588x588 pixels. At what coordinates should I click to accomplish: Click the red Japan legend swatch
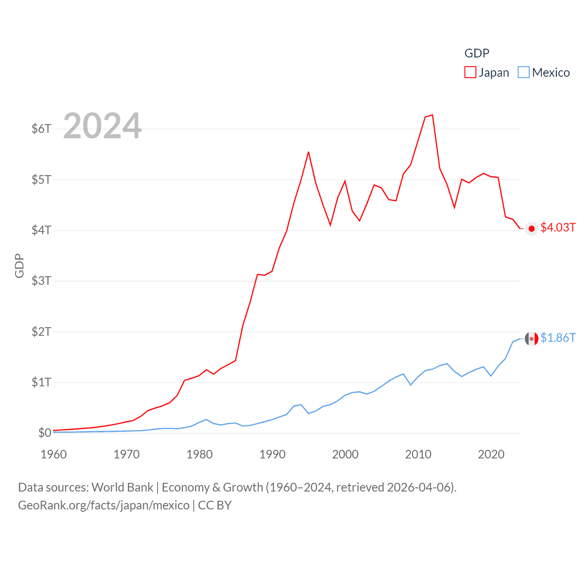470,73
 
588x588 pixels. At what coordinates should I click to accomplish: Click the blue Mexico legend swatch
524,73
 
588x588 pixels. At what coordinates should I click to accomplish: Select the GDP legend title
477,53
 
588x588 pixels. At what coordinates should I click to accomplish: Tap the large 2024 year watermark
102,126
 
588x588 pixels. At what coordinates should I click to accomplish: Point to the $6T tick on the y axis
41,129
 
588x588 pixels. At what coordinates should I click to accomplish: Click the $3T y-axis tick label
41,281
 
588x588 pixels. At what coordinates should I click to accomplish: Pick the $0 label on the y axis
45,433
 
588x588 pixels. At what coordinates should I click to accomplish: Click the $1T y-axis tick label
41,382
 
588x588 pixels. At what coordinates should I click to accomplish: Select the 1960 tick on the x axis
54,454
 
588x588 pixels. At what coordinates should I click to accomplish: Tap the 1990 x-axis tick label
272,454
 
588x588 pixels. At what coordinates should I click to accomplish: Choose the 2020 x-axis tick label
491,454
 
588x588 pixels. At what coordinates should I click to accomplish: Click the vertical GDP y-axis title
19,266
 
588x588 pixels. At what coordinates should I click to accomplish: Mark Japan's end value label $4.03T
558,227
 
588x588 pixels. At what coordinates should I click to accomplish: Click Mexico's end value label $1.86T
558,338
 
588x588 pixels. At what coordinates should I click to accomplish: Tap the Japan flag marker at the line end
531,229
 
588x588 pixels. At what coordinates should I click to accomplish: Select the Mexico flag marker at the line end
531,339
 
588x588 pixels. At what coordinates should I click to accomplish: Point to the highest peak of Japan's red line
432,115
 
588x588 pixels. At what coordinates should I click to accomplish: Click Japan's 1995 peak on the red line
309,152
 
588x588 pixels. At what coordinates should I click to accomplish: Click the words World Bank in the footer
123,487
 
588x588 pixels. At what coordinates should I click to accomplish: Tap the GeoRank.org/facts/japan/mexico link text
104,505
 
